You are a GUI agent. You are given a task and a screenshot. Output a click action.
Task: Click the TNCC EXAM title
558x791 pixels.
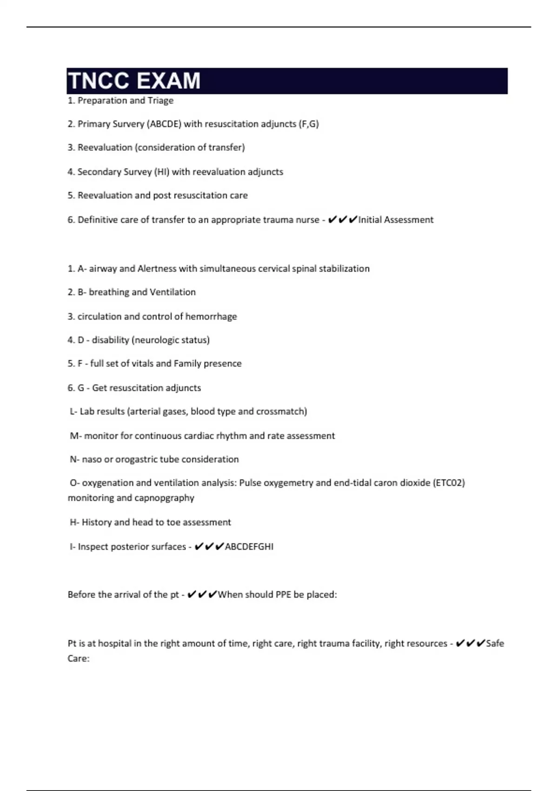pos(134,80)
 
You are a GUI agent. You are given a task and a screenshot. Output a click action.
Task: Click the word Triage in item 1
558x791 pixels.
pos(160,101)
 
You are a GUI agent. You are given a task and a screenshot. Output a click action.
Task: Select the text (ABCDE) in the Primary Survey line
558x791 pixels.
pos(165,124)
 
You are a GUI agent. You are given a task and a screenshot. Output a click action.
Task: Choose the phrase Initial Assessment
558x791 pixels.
pos(396,220)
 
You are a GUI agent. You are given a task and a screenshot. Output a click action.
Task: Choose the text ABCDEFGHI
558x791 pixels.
pos(249,547)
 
